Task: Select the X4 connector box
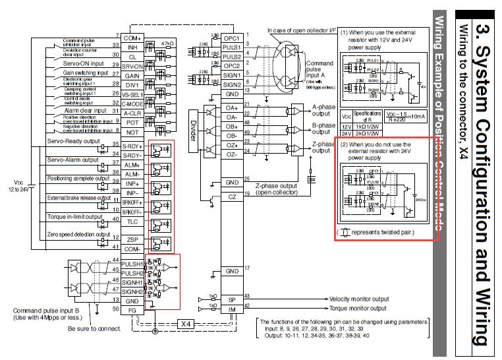click(186, 324)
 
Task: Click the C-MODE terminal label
click(132, 103)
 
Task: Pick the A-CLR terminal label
click(132, 112)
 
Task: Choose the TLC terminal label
click(132, 221)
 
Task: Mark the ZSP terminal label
click(132, 239)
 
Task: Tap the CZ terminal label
click(231, 196)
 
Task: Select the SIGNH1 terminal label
click(132, 282)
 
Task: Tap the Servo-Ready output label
click(72, 141)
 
